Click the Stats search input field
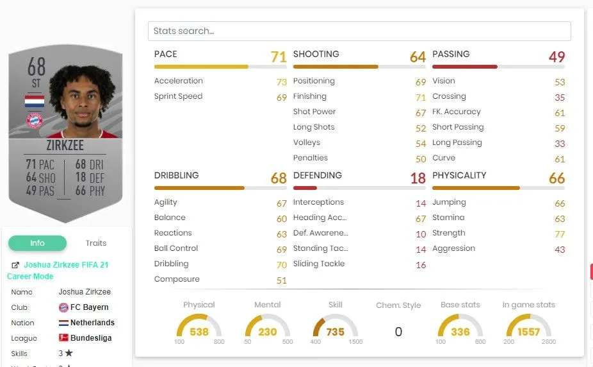pos(359,31)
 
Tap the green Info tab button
pos(37,243)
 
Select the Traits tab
pos(96,243)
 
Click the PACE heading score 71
pos(279,57)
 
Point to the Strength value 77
pos(560,234)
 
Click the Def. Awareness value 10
pos(421,234)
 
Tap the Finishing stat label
pos(310,96)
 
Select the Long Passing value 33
pos(560,143)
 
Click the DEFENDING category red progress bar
pos(305,188)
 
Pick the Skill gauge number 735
pos(335,332)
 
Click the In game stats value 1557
pos(528,332)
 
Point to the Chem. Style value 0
pos(398,332)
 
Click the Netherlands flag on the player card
pos(34,101)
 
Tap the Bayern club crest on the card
pos(34,120)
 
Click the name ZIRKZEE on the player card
pos(65,146)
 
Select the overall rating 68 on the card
pos(37,67)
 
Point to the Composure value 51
pos(281,280)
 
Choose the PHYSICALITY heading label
pos(459,175)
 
